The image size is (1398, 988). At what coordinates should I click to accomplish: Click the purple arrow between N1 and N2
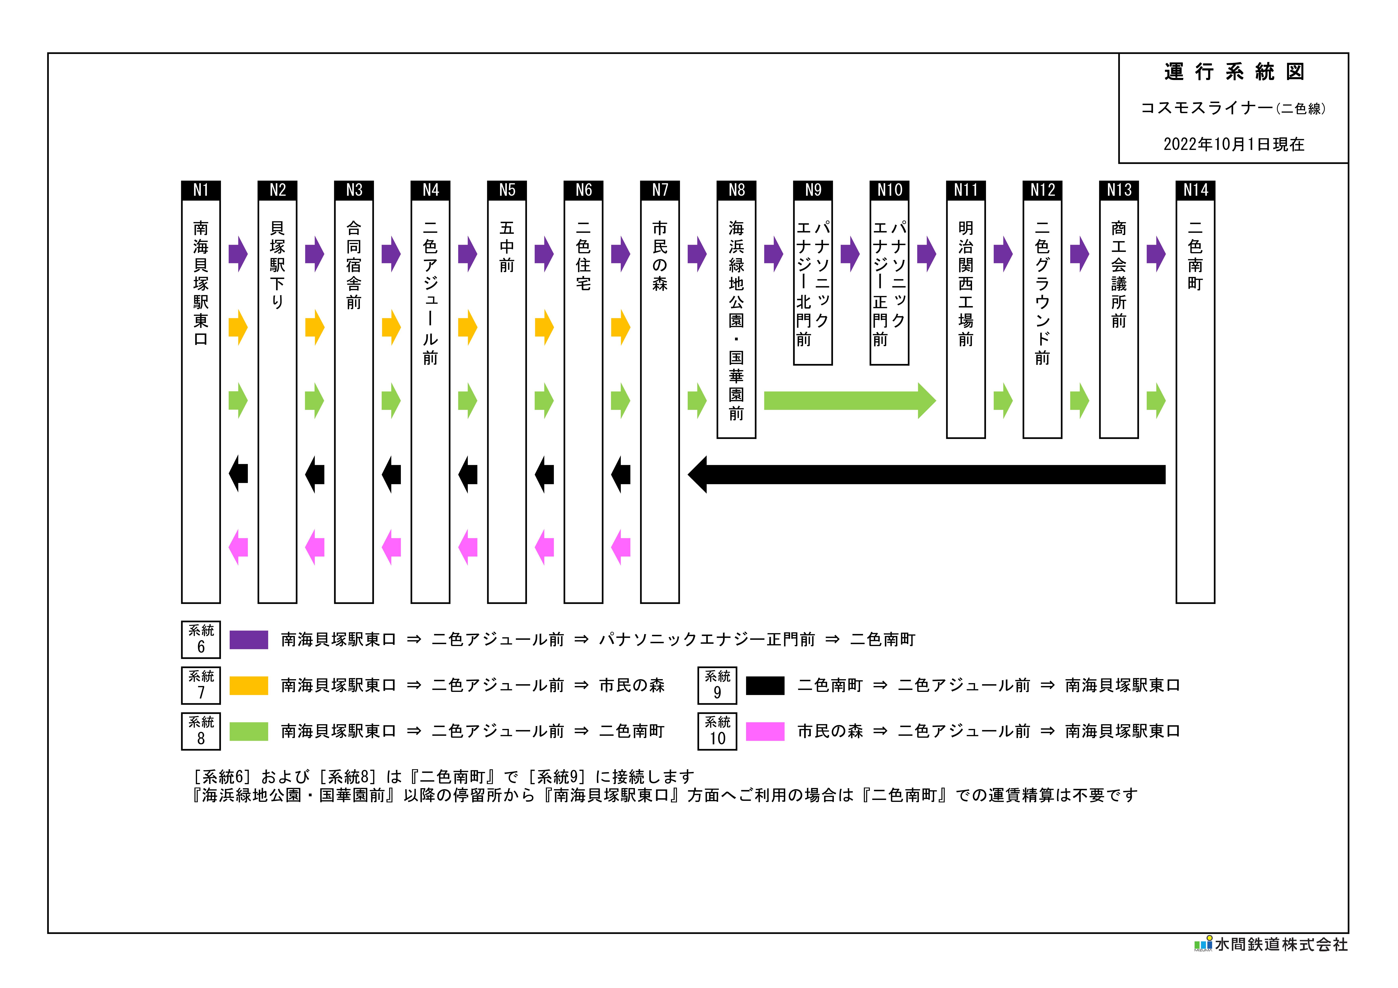(x=238, y=253)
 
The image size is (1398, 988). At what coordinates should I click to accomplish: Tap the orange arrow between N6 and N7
(x=620, y=327)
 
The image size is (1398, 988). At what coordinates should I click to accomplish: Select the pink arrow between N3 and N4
(x=391, y=547)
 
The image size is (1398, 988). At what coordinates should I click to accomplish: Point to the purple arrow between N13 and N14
(x=1156, y=253)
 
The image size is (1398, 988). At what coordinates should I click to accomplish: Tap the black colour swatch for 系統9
(x=765, y=685)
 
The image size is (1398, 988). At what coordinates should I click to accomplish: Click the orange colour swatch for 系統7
(x=248, y=685)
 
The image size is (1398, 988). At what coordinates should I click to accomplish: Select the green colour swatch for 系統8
(x=248, y=731)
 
